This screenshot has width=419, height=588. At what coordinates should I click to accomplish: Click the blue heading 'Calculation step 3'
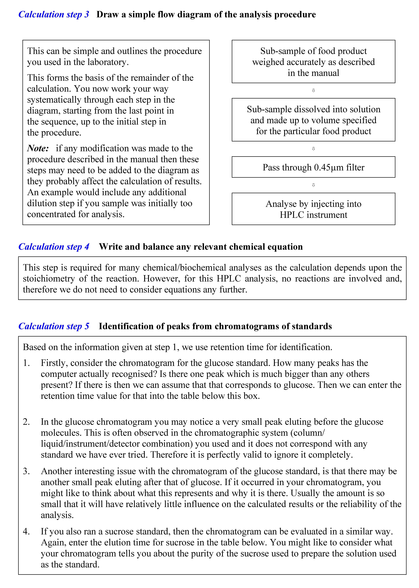click(x=54, y=14)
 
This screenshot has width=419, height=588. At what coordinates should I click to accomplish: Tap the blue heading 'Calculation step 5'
click(x=54, y=326)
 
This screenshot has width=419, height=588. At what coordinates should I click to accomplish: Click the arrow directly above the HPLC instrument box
click(x=313, y=185)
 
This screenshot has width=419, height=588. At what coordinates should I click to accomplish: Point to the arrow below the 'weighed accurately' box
click(x=313, y=90)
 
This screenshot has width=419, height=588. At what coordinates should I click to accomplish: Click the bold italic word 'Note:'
click(x=38, y=148)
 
